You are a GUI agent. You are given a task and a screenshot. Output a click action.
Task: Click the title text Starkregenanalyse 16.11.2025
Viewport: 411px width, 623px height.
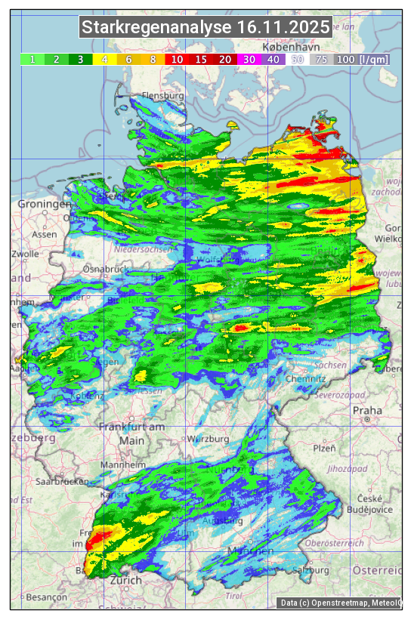point(205,28)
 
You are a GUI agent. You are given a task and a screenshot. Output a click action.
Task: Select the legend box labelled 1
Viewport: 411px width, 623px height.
point(32,59)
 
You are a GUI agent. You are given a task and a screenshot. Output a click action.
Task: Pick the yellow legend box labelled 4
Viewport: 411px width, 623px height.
point(105,59)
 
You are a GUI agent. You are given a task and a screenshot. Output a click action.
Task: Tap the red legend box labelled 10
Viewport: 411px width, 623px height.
point(177,59)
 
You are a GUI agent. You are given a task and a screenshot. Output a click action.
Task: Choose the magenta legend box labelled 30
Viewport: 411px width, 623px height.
point(249,59)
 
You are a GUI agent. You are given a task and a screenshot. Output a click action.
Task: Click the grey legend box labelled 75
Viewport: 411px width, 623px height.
point(321,59)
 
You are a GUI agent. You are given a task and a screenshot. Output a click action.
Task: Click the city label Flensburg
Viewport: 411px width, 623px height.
point(163,97)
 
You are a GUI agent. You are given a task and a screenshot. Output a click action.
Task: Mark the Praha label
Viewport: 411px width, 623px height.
point(367,411)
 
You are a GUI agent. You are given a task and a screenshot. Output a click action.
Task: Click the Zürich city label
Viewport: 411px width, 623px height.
point(125,580)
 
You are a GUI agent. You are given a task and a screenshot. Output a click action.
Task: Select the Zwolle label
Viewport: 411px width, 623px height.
point(25,254)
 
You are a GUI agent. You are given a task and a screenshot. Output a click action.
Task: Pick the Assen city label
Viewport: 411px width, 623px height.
point(45,234)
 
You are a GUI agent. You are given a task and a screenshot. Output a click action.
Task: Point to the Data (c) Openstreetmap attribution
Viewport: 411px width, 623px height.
point(340,603)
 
